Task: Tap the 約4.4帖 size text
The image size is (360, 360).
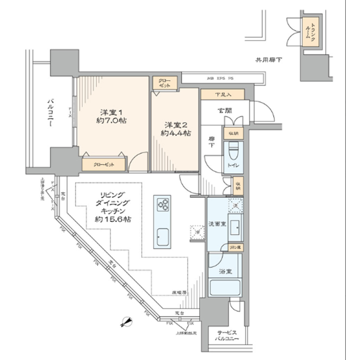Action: pyautogui.click(x=177, y=133)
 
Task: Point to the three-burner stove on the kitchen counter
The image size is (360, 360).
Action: pyautogui.click(x=162, y=204)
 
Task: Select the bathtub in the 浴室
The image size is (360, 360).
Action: pyautogui.click(x=225, y=288)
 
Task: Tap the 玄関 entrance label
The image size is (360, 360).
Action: pyautogui.click(x=225, y=111)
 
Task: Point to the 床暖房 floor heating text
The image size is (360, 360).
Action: pyautogui.click(x=179, y=292)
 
